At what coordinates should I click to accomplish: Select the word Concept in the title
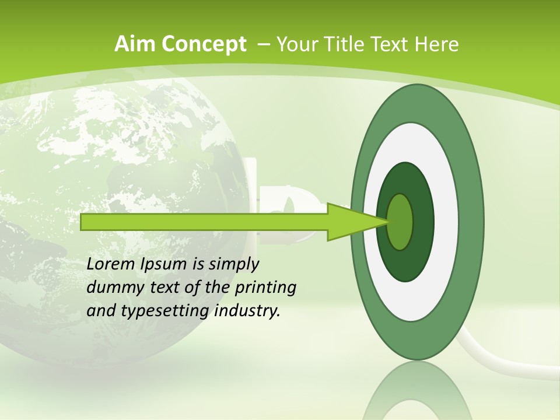click(x=204, y=44)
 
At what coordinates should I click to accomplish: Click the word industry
click(x=247, y=311)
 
